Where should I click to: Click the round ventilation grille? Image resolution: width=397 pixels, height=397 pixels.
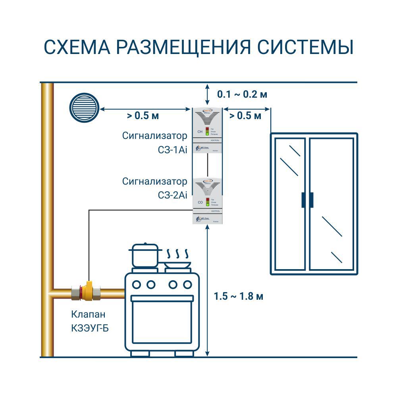point(84,107)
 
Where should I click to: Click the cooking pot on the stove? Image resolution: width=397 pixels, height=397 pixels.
point(145,256)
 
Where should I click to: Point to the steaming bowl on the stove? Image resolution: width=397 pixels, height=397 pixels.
point(177,264)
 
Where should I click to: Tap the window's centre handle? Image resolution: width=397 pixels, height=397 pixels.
point(307,200)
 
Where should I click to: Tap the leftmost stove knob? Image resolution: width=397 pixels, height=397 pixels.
point(137,284)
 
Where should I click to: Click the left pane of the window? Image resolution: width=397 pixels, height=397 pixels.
point(289,204)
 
